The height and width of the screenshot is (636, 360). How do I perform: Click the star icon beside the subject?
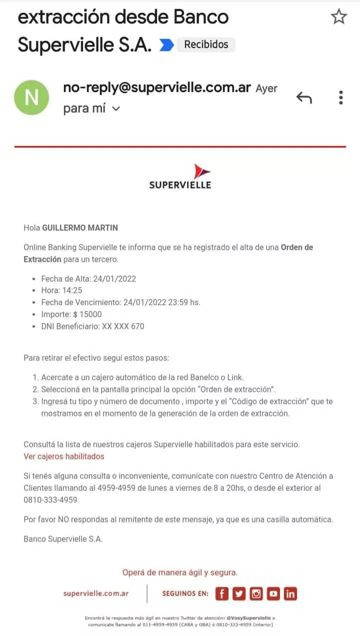[339, 17]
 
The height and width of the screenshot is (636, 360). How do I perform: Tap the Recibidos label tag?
[206, 45]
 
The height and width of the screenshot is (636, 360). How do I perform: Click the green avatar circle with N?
[31, 98]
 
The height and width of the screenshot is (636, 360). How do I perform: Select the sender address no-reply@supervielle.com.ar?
[157, 88]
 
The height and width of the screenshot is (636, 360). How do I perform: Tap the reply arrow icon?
[304, 98]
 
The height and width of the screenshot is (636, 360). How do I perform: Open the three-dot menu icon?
[340, 98]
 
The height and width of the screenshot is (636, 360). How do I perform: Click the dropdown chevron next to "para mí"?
[116, 109]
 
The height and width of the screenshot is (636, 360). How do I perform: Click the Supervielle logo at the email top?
[180, 177]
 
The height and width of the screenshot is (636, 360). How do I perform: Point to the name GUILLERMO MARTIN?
[80, 228]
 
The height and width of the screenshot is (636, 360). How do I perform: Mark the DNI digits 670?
[137, 326]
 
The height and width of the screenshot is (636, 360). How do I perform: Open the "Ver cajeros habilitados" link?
[64, 456]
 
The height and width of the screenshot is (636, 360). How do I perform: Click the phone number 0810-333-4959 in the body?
[51, 499]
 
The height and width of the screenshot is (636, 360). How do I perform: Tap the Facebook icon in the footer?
[222, 593]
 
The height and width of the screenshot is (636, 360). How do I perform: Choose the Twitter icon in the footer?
[239, 593]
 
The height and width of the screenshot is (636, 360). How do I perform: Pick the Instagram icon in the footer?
[256, 593]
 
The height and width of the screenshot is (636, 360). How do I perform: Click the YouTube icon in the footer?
[273, 593]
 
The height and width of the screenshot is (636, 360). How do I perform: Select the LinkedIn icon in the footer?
[290, 593]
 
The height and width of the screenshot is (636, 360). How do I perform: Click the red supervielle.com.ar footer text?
[96, 593]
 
